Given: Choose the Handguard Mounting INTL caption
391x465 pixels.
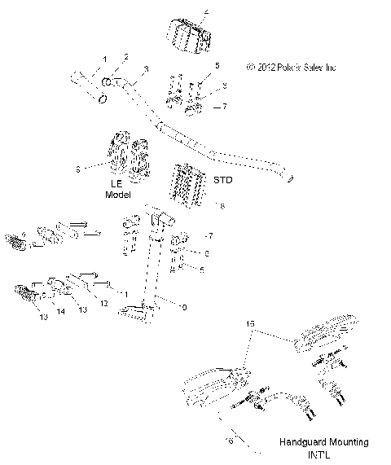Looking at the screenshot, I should tap(323, 447).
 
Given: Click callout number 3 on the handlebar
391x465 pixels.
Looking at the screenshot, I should tap(146, 69).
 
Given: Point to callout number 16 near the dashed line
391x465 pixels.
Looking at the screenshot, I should tap(231, 439).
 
